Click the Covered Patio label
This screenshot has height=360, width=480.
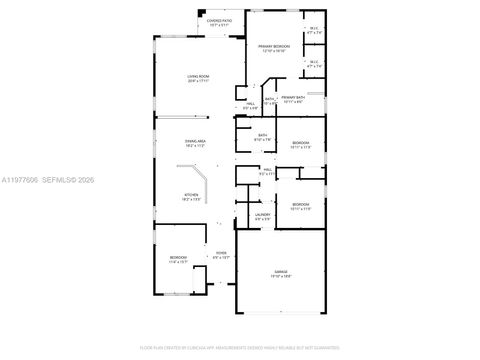pos(219,20)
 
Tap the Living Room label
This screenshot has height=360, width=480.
pos(197,76)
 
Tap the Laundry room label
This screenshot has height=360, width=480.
pos(263,214)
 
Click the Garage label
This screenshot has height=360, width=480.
pos(278,273)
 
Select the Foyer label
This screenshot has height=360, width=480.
pos(221,253)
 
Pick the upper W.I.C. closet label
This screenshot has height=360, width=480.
pos(313,29)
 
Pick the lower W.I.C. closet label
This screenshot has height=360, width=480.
pos(313,63)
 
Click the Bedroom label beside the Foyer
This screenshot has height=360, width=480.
pos(178,258)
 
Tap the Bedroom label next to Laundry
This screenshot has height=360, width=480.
pos(301,204)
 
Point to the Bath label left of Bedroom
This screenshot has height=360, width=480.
pos(262,135)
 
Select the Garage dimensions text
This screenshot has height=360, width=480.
pos(278,278)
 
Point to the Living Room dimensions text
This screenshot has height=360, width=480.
pos(197,81)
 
